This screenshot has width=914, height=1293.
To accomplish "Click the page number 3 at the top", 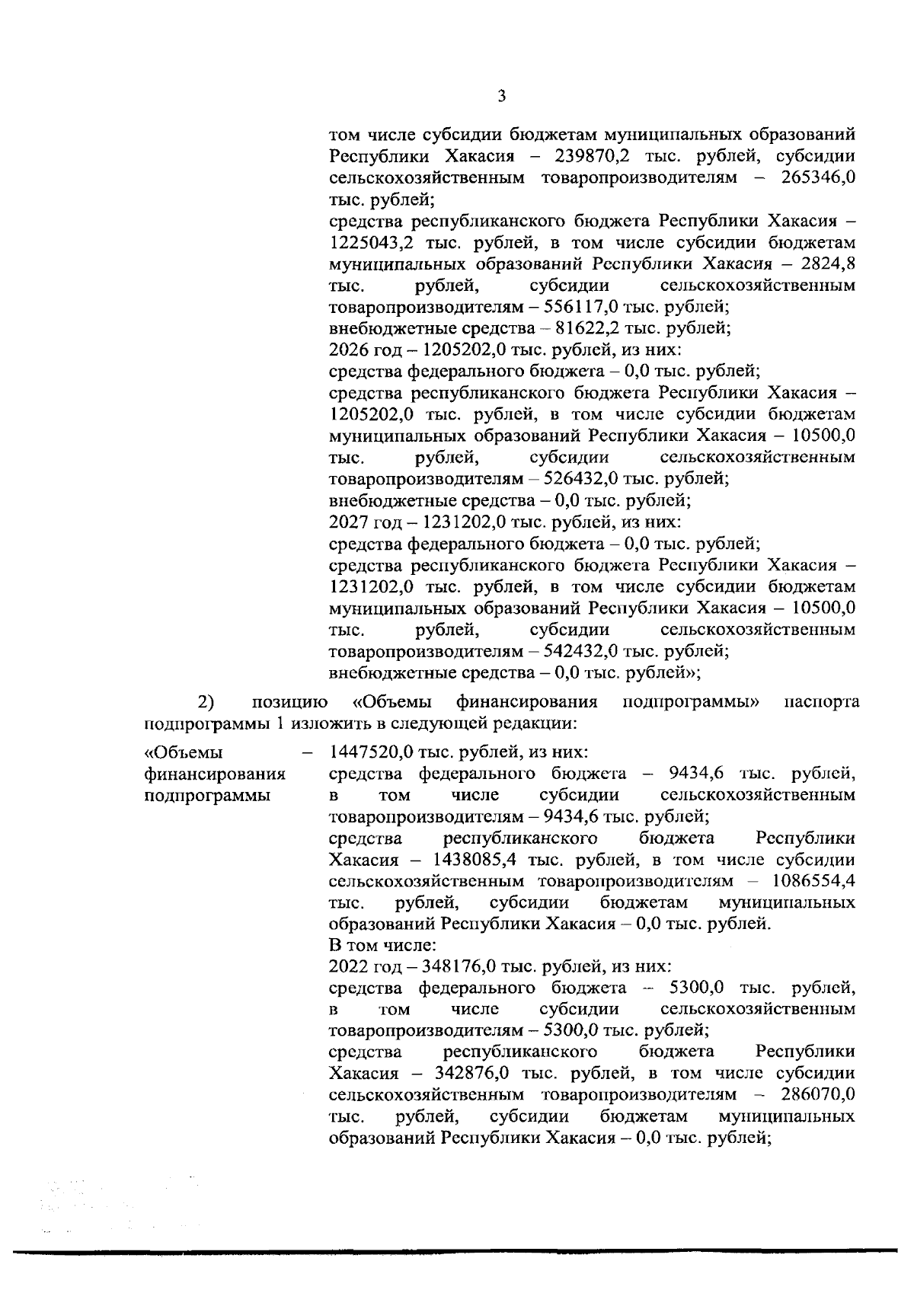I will pos(501,96).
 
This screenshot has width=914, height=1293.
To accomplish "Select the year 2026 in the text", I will pos(347,350).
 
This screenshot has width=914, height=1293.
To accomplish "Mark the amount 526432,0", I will pos(584,479).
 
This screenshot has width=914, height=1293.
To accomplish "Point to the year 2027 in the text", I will pos(347,522).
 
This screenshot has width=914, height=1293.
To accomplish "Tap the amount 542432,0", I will pos(584,651).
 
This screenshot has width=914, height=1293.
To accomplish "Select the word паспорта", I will pos(821,701).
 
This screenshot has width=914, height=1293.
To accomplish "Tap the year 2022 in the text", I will pos(347,966).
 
